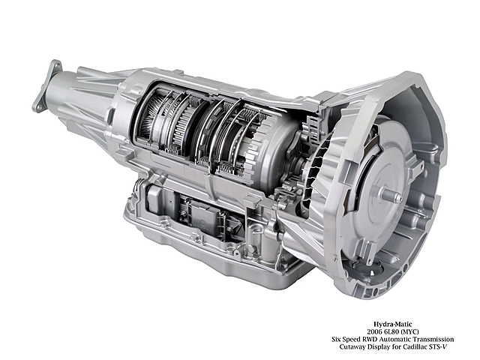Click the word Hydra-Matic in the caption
(x=393, y=324)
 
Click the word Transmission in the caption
(x=433, y=339)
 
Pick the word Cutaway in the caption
(x=352, y=347)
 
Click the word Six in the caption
(x=337, y=339)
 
